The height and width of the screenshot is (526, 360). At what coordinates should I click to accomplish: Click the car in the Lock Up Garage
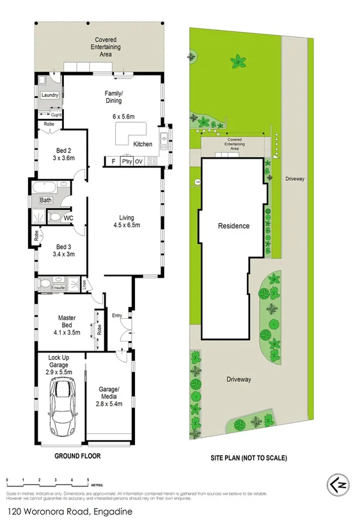[61, 405]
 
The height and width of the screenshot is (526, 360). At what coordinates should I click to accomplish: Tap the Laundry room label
[50, 95]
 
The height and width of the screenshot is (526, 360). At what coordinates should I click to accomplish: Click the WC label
[68, 218]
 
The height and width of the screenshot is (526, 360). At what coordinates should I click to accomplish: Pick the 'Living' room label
[126, 216]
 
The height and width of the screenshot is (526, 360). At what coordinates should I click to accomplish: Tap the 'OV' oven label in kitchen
[138, 161]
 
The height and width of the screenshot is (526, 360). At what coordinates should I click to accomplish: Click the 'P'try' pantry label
[123, 161]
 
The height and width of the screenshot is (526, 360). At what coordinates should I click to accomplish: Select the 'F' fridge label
[113, 161]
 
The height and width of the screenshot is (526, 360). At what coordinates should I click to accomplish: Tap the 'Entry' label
[116, 315]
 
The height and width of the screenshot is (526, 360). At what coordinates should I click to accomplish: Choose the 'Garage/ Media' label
[107, 392]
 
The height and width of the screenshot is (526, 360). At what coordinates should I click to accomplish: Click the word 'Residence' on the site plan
[233, 226]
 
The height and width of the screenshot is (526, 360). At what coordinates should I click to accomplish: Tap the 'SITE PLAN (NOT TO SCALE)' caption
[249, 458]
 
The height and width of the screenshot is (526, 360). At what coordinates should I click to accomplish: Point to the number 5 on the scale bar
[88, 479]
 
